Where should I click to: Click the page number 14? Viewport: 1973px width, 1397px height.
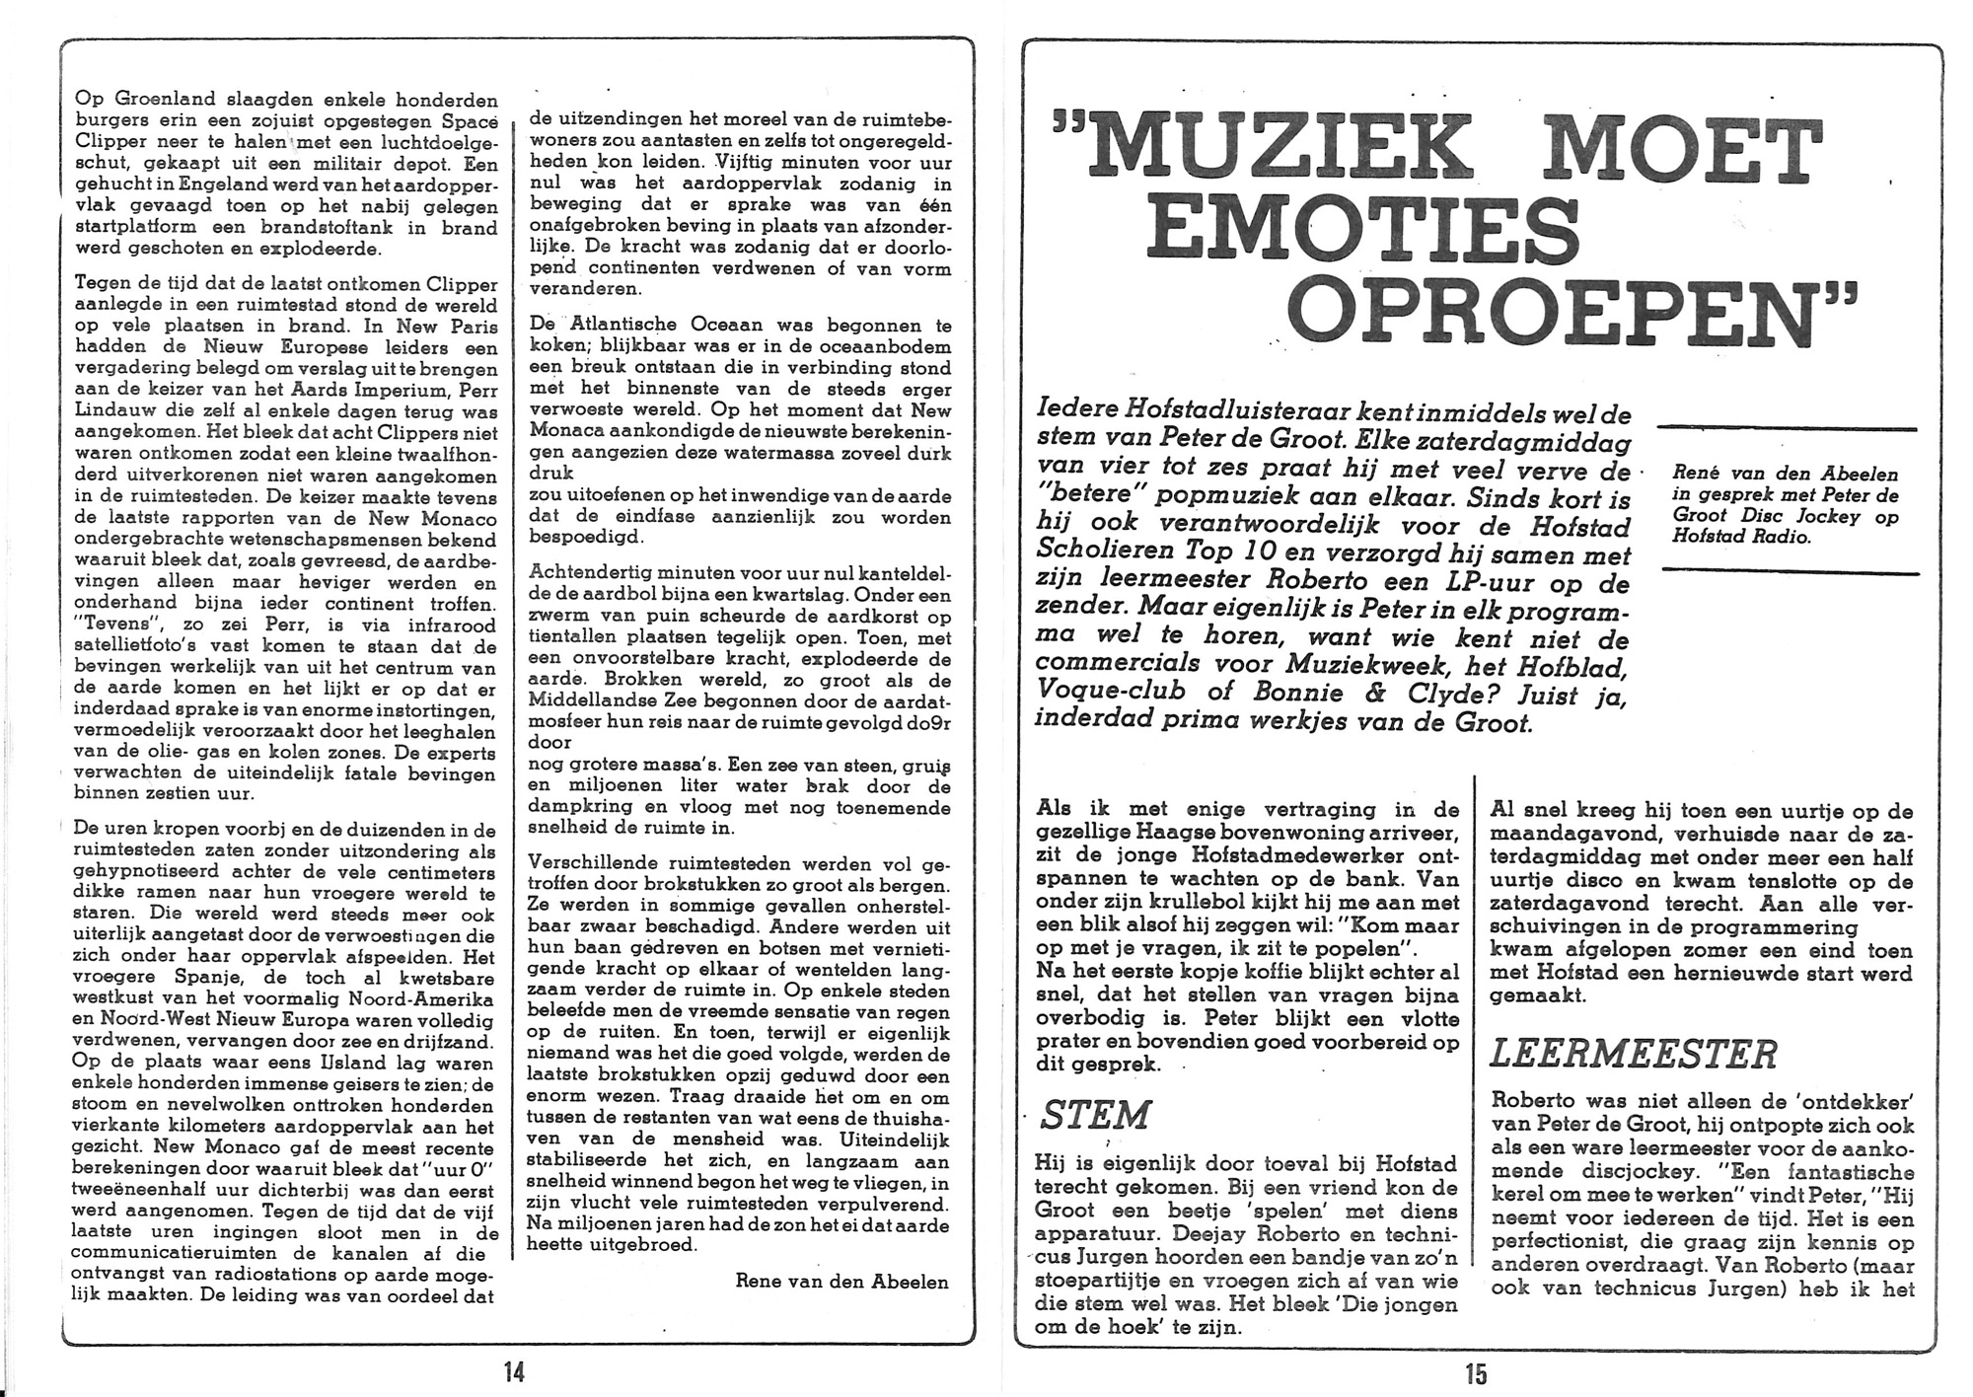tap(514, 1372)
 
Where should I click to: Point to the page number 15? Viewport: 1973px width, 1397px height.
tap(1476, 1372)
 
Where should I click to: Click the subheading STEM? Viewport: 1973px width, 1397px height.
tap(1095, 1116)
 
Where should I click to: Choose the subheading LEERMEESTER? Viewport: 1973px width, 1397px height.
tap(1633, 1055)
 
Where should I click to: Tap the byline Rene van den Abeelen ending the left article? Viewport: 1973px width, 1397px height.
tap(841, 1282)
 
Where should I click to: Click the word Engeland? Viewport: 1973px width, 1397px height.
tap(214, 185)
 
